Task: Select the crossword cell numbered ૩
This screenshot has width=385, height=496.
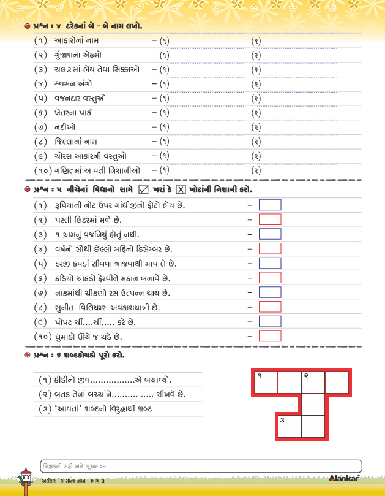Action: coord(288,427)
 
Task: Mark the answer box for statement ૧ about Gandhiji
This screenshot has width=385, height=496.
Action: coord(270,205)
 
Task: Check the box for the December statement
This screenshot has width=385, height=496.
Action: coord(270,248)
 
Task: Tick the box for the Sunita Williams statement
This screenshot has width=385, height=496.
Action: coord(270,307)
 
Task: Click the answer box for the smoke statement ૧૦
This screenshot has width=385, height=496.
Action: coord(270,336)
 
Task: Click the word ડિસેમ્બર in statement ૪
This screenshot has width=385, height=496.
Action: coord(152,248)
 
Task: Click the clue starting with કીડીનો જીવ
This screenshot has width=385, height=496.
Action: coord(105,380)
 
